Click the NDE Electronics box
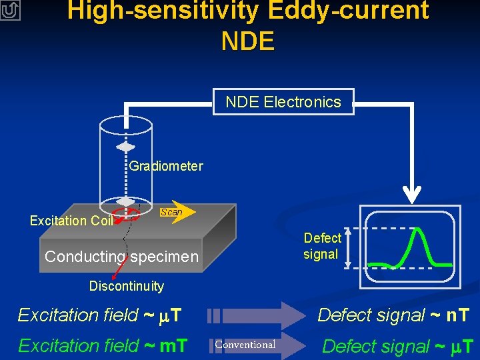pyautogui.click(x=283, y=102)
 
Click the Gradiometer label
pyautogui.click(x=166, y=166)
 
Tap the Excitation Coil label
pyautogui.click(x=71, y=221)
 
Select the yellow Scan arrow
pyautogui.click(x=176, y=212)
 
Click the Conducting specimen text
pyautogui.click(x=121, y=257)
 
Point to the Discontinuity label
pyautogui.click(x=126, y=287)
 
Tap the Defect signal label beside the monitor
pyautogui.click(x=322, y=246)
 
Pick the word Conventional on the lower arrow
pyautogui.click(x=245, y=345)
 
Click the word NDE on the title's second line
pyautogui.click(x=247, y=41)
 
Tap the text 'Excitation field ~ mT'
pyautogui.click(x=103, y=345)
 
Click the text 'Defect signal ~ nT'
pyautogui.click(x=393, y=315)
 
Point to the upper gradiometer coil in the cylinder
pyautogui.click(x=125, y=147)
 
